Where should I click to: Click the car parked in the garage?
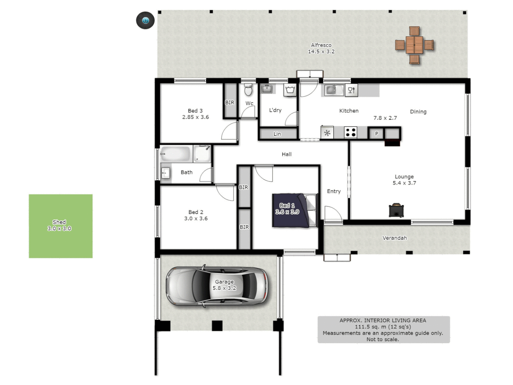[x=217, y=286]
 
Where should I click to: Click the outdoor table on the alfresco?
[x=414, y=45]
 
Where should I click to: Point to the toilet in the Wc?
[x=248, y=90]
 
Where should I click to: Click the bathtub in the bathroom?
[x=175, y=154]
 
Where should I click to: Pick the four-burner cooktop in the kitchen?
[x=351, y=133]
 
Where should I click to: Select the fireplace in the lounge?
[x=396, y=210]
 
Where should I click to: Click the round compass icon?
[x=145, y=20]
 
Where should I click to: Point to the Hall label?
[x=286, y=154]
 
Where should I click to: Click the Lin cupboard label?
[x=277, y=134]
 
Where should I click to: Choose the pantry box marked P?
[x=377, y=134]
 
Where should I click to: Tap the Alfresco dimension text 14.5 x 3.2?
[x=321, y=52]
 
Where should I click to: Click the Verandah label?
[x=394, y=238]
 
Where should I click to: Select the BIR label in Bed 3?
[x=230, y=103]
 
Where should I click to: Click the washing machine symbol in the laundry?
[x=290, y=90]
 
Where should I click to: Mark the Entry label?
[x=334, y=191]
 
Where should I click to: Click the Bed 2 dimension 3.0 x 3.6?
[x=196, y=219]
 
